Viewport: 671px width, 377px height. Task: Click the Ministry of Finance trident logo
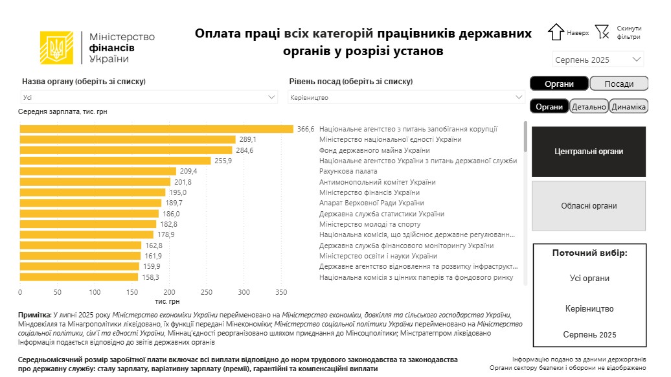point(56,48)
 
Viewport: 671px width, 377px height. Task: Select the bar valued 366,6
point(156,129)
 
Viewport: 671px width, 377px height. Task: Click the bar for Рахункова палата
point(98,171)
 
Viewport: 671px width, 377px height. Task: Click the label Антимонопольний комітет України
point(378,182)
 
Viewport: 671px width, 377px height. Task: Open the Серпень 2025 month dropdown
point(598,60)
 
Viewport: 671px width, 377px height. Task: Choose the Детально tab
point(589,107)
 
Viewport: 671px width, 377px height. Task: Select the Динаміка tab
point(629,107)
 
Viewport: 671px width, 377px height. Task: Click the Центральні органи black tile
point(589,152)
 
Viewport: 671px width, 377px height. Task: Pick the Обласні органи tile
point(589,206)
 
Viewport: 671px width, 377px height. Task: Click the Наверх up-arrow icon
point(556,32)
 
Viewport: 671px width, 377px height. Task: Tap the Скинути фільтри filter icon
point(602,32)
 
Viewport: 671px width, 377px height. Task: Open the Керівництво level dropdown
point(406,97)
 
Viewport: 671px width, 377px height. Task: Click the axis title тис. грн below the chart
point(167,301)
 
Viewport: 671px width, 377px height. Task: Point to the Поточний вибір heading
point(589,253)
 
